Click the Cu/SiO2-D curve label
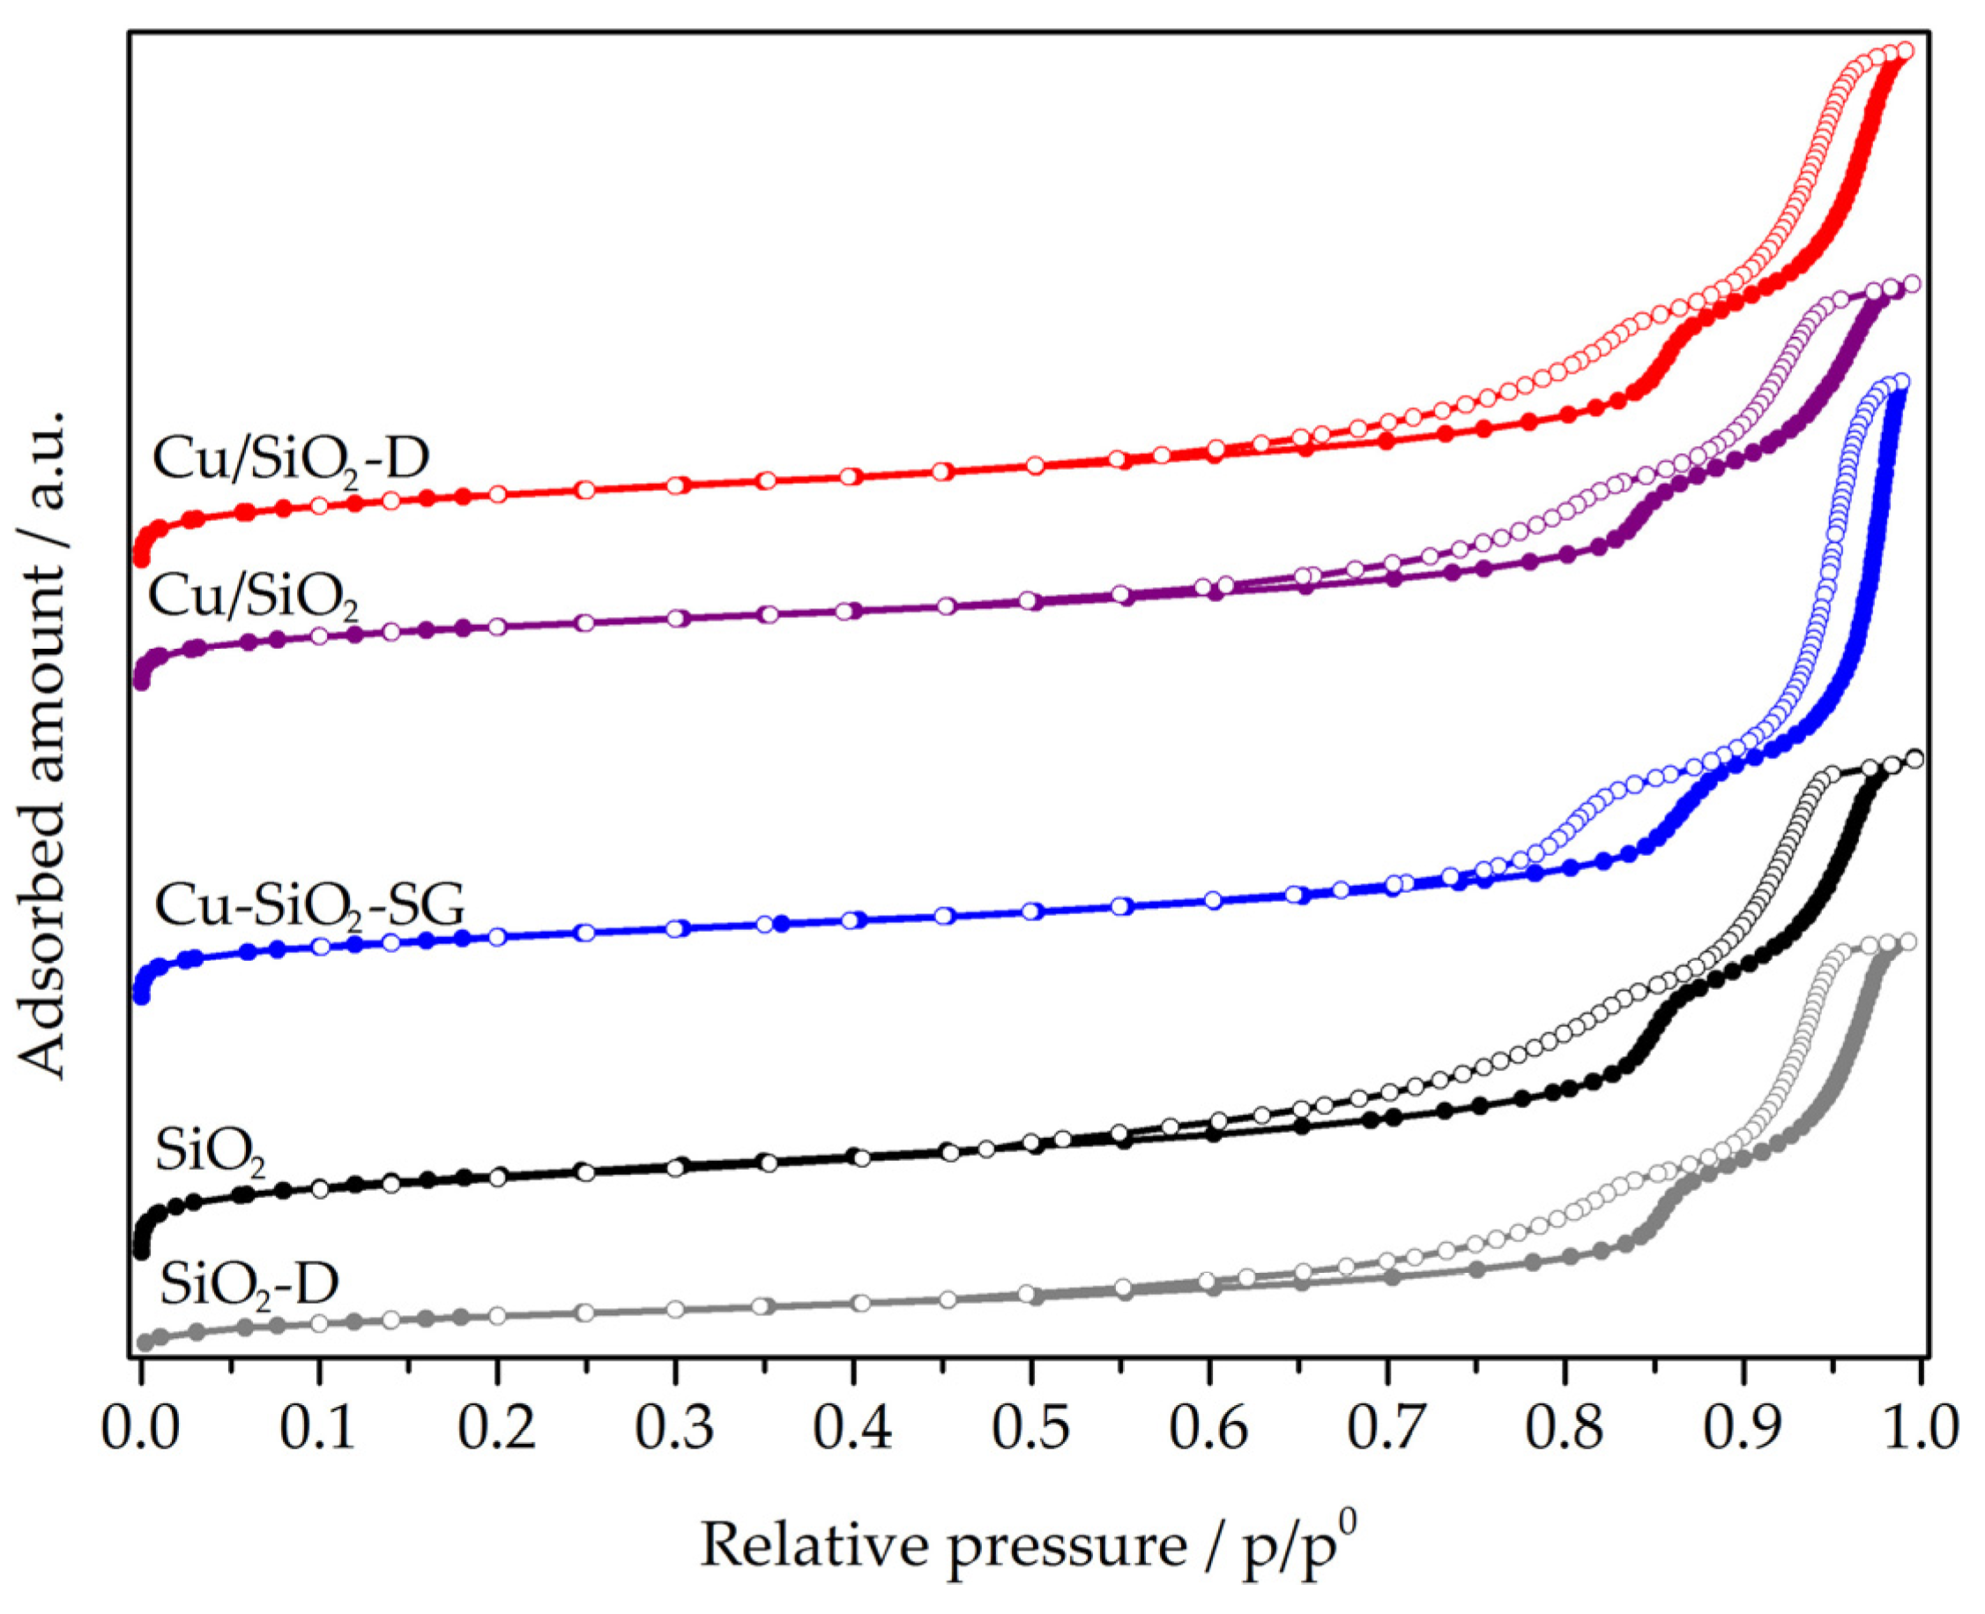click(x=290, y=459)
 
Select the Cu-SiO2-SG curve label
click(x=309, y=904)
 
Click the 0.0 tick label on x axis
click(x=139, y=1427)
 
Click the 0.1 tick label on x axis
click(x=318, y=1427)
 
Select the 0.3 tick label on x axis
click(x=675, y=1427)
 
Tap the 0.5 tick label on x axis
click(x=1031, y=1427)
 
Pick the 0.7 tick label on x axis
click(x=1387, y=1427)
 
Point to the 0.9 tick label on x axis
click(x=1743, y=1427)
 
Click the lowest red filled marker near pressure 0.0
click(x=141, y=559)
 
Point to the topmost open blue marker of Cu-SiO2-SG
click(x=1901, y=382)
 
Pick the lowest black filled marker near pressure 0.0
click(x=141, y=1253)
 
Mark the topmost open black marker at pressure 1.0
click(x=1914, y=760)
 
